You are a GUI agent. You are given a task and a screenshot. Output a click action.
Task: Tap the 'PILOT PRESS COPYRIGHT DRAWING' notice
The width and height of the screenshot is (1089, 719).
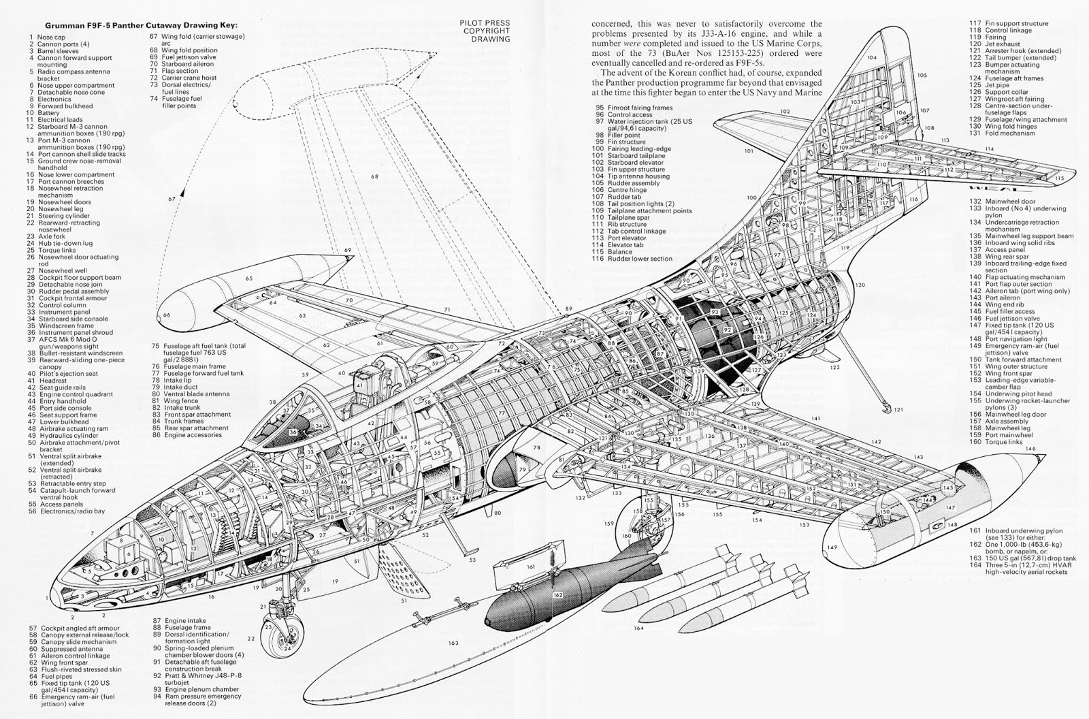pos(485,31)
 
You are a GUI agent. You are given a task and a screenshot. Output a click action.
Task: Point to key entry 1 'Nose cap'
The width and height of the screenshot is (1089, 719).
pos(49,37)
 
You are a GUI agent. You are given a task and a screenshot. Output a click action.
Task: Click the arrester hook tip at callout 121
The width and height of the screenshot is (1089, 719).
pos(885,408)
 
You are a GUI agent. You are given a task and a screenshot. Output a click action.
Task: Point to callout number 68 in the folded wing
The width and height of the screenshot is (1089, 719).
pos(374,177)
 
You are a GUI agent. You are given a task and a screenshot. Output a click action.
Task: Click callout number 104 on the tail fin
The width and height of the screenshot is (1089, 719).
pos(872,58)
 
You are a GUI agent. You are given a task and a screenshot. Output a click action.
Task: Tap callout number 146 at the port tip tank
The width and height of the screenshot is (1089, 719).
pos(1031,449)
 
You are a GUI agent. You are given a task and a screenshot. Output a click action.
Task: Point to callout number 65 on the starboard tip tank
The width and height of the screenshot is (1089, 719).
pos(249,278)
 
